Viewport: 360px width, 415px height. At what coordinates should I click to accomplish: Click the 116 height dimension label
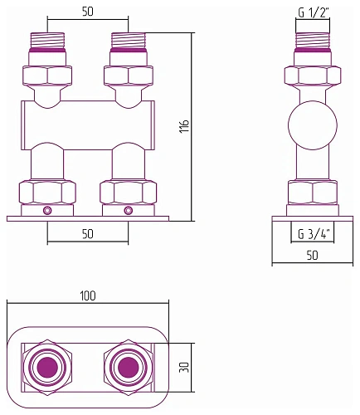coord(184,126)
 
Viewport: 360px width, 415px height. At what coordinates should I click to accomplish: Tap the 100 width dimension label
coord(88,296)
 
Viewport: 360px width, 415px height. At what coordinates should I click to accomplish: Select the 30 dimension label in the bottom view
coord(185,368)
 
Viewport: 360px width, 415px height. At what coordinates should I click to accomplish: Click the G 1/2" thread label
coord(313,13)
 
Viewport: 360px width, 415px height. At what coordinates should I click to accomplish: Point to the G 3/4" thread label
coord(313,234)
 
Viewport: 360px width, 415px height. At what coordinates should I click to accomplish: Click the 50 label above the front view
coord(88,12)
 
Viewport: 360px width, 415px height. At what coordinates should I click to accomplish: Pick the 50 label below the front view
coord(88,234)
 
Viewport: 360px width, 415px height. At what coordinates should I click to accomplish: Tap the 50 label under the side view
coord(313,255)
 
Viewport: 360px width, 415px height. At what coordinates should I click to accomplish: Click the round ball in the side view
coord(313,125)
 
